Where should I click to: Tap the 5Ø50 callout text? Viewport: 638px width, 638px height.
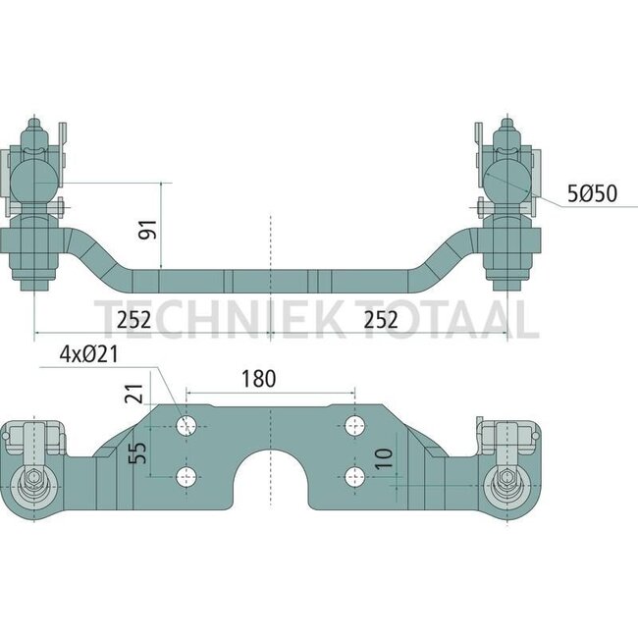click(591, 193)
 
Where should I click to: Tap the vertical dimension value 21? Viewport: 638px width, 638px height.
click(136, 393)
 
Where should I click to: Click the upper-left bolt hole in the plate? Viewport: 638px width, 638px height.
click(186, 426)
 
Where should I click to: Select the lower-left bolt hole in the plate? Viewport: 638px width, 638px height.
click(186, 477)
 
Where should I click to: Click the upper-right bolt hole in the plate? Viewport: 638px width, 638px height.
click(354, 426)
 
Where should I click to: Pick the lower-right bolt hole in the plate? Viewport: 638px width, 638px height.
click(354, 477)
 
